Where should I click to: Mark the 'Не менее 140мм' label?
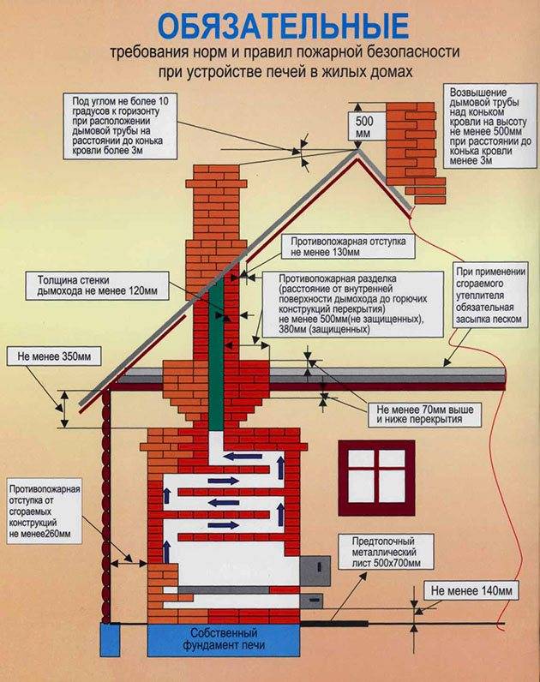[472, 591]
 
